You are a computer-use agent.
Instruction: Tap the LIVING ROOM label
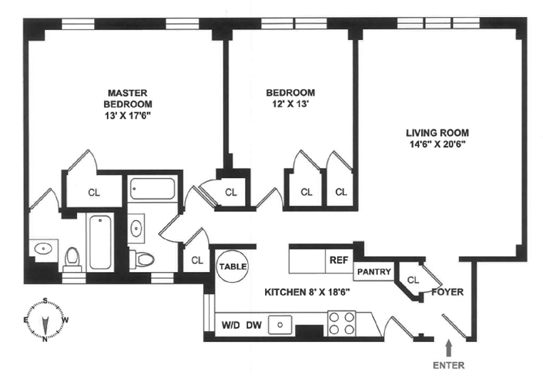pos(438,132)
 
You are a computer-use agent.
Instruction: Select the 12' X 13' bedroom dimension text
pos(290,104)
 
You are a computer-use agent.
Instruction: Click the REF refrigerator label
pos(338,260)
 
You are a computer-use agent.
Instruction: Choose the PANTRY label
pos(374,272)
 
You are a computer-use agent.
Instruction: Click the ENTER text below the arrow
pos(448,365)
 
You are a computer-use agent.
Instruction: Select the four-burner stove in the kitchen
pos(342,323)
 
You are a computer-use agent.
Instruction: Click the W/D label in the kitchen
pos(230,325)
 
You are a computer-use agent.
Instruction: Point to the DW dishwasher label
pos(253,325)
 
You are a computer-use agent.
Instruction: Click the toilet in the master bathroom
pos(72,258)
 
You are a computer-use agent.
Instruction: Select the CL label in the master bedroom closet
pos(94,192)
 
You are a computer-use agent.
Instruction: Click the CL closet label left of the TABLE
pos(197,260)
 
